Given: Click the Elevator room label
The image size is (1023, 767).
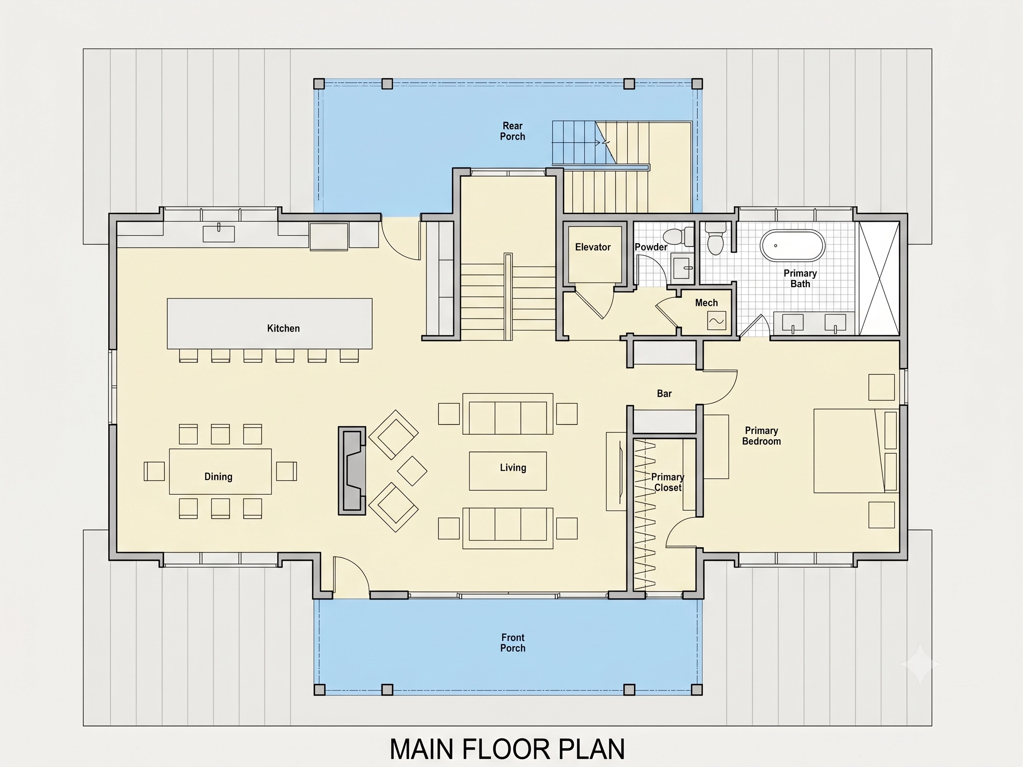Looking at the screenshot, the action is point(592,247).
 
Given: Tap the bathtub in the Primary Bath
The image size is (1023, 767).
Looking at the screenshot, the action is point(793,246).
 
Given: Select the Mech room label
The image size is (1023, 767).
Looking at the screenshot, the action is point(706,303).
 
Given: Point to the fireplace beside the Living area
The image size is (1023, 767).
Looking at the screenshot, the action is point(352,471).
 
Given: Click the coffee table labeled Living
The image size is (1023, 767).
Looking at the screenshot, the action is point(508,471).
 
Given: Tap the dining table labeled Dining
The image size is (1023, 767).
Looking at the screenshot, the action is point(220,471).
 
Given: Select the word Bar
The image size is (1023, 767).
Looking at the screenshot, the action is point(664,393).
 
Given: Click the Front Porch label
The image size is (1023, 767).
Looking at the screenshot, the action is point(513,642).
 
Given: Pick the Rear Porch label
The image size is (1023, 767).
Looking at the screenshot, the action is point(512,131).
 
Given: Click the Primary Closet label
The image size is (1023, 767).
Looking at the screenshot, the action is point(668,482).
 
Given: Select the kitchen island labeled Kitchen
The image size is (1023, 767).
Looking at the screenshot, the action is point(270,324).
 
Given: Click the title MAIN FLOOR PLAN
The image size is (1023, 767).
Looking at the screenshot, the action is point(507,749).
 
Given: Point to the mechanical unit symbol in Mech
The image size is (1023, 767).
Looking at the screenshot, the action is point(717,321).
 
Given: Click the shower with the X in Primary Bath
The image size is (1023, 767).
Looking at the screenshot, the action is point(879,278).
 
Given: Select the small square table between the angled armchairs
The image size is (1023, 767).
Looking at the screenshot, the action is point(412,471).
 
